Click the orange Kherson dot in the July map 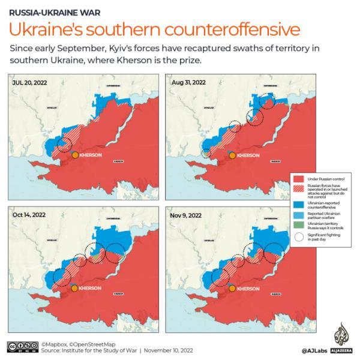tap(74, 155)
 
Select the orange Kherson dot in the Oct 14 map tap(74, 288)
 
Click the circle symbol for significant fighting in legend tap(301, 236)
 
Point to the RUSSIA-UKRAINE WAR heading tap(46, 11)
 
